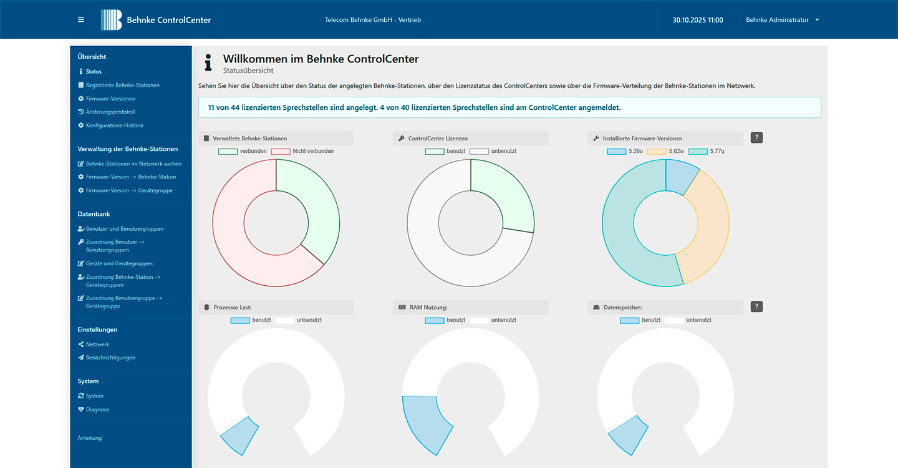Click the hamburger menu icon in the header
coord(80,20)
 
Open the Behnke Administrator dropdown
coord(782,20)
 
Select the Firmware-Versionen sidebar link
coord(110,99)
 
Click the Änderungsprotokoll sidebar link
coord(110,112)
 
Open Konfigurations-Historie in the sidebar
coord(114,125)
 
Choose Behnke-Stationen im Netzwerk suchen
coord(133,164)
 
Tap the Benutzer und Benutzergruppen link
coord(124,229)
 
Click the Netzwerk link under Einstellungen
coord(97,344)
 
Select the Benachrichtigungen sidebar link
coord(110,358)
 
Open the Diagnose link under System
coord(97,410)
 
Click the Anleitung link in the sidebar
coord(90,438)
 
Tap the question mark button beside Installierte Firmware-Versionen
coord(756,138)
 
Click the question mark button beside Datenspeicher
coord(756,306)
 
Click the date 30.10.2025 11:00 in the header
coord(697,20)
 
